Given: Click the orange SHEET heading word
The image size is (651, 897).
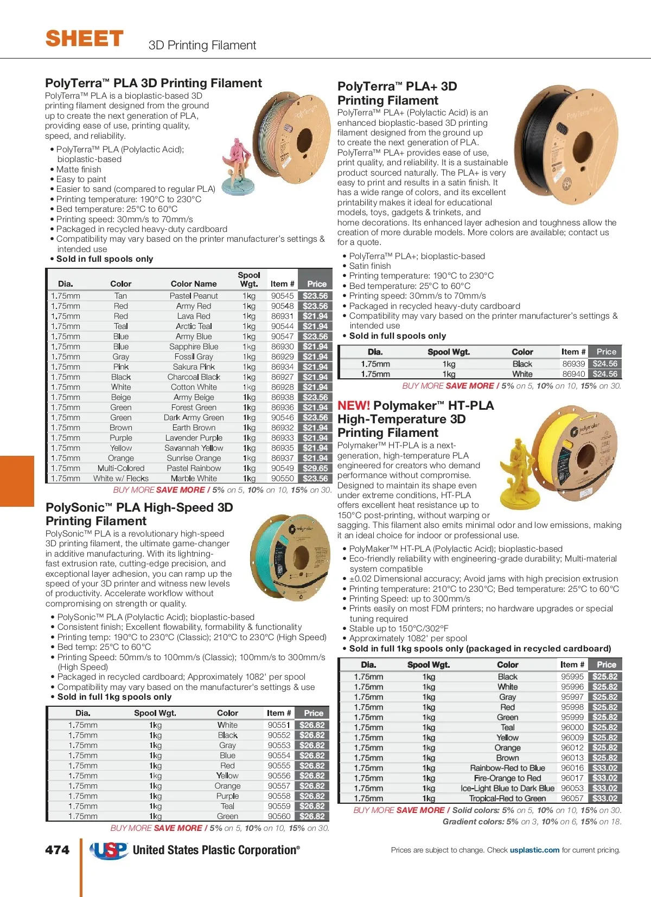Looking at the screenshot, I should pyautogui.click(x=85, y=39).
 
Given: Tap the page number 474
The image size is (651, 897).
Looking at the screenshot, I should pyautogui.click(x=58, y=850).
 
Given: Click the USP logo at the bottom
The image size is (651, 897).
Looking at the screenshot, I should pyautogui.click(x=108, y=850).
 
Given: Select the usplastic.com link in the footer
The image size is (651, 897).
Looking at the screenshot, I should pyautogui.click(x=534, y=850).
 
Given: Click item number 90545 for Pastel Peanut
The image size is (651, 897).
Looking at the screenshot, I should pyautogui.click(x=282, y=296).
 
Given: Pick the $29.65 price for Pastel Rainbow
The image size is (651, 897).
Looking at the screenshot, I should pyautogui.click(x=315, y=468).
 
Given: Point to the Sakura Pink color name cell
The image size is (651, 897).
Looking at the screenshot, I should pyautogui.click(x=194, y=367).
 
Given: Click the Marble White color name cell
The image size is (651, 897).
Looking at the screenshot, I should pyautogui.click(x=194, y=479).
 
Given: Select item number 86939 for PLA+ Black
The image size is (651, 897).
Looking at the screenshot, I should pyautogui.click(x=573, y=364).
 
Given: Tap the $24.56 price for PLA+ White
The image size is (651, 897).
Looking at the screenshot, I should pyautogui.click(x=605, y=374).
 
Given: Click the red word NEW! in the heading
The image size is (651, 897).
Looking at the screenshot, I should pyautogui.click(x=354, y=405).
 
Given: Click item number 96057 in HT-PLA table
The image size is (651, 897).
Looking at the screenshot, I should pyautogui.click(x=572, y=798).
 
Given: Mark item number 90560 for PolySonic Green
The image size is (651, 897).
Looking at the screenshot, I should pyautogui.click(x=279, y=816).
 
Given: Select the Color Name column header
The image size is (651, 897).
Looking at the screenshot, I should pyautogui.click(x=194, y=283).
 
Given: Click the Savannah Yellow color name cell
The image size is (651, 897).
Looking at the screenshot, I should pyautogui.click(x=194, y=448).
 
